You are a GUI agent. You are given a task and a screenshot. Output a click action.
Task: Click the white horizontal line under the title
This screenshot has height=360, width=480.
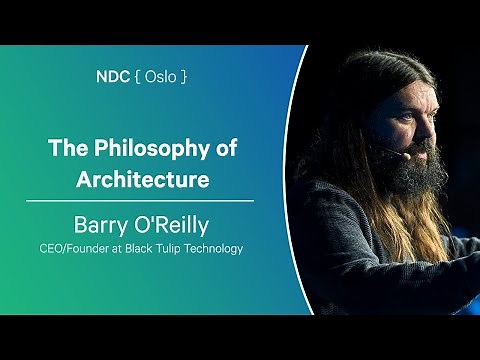coord(140,201)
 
